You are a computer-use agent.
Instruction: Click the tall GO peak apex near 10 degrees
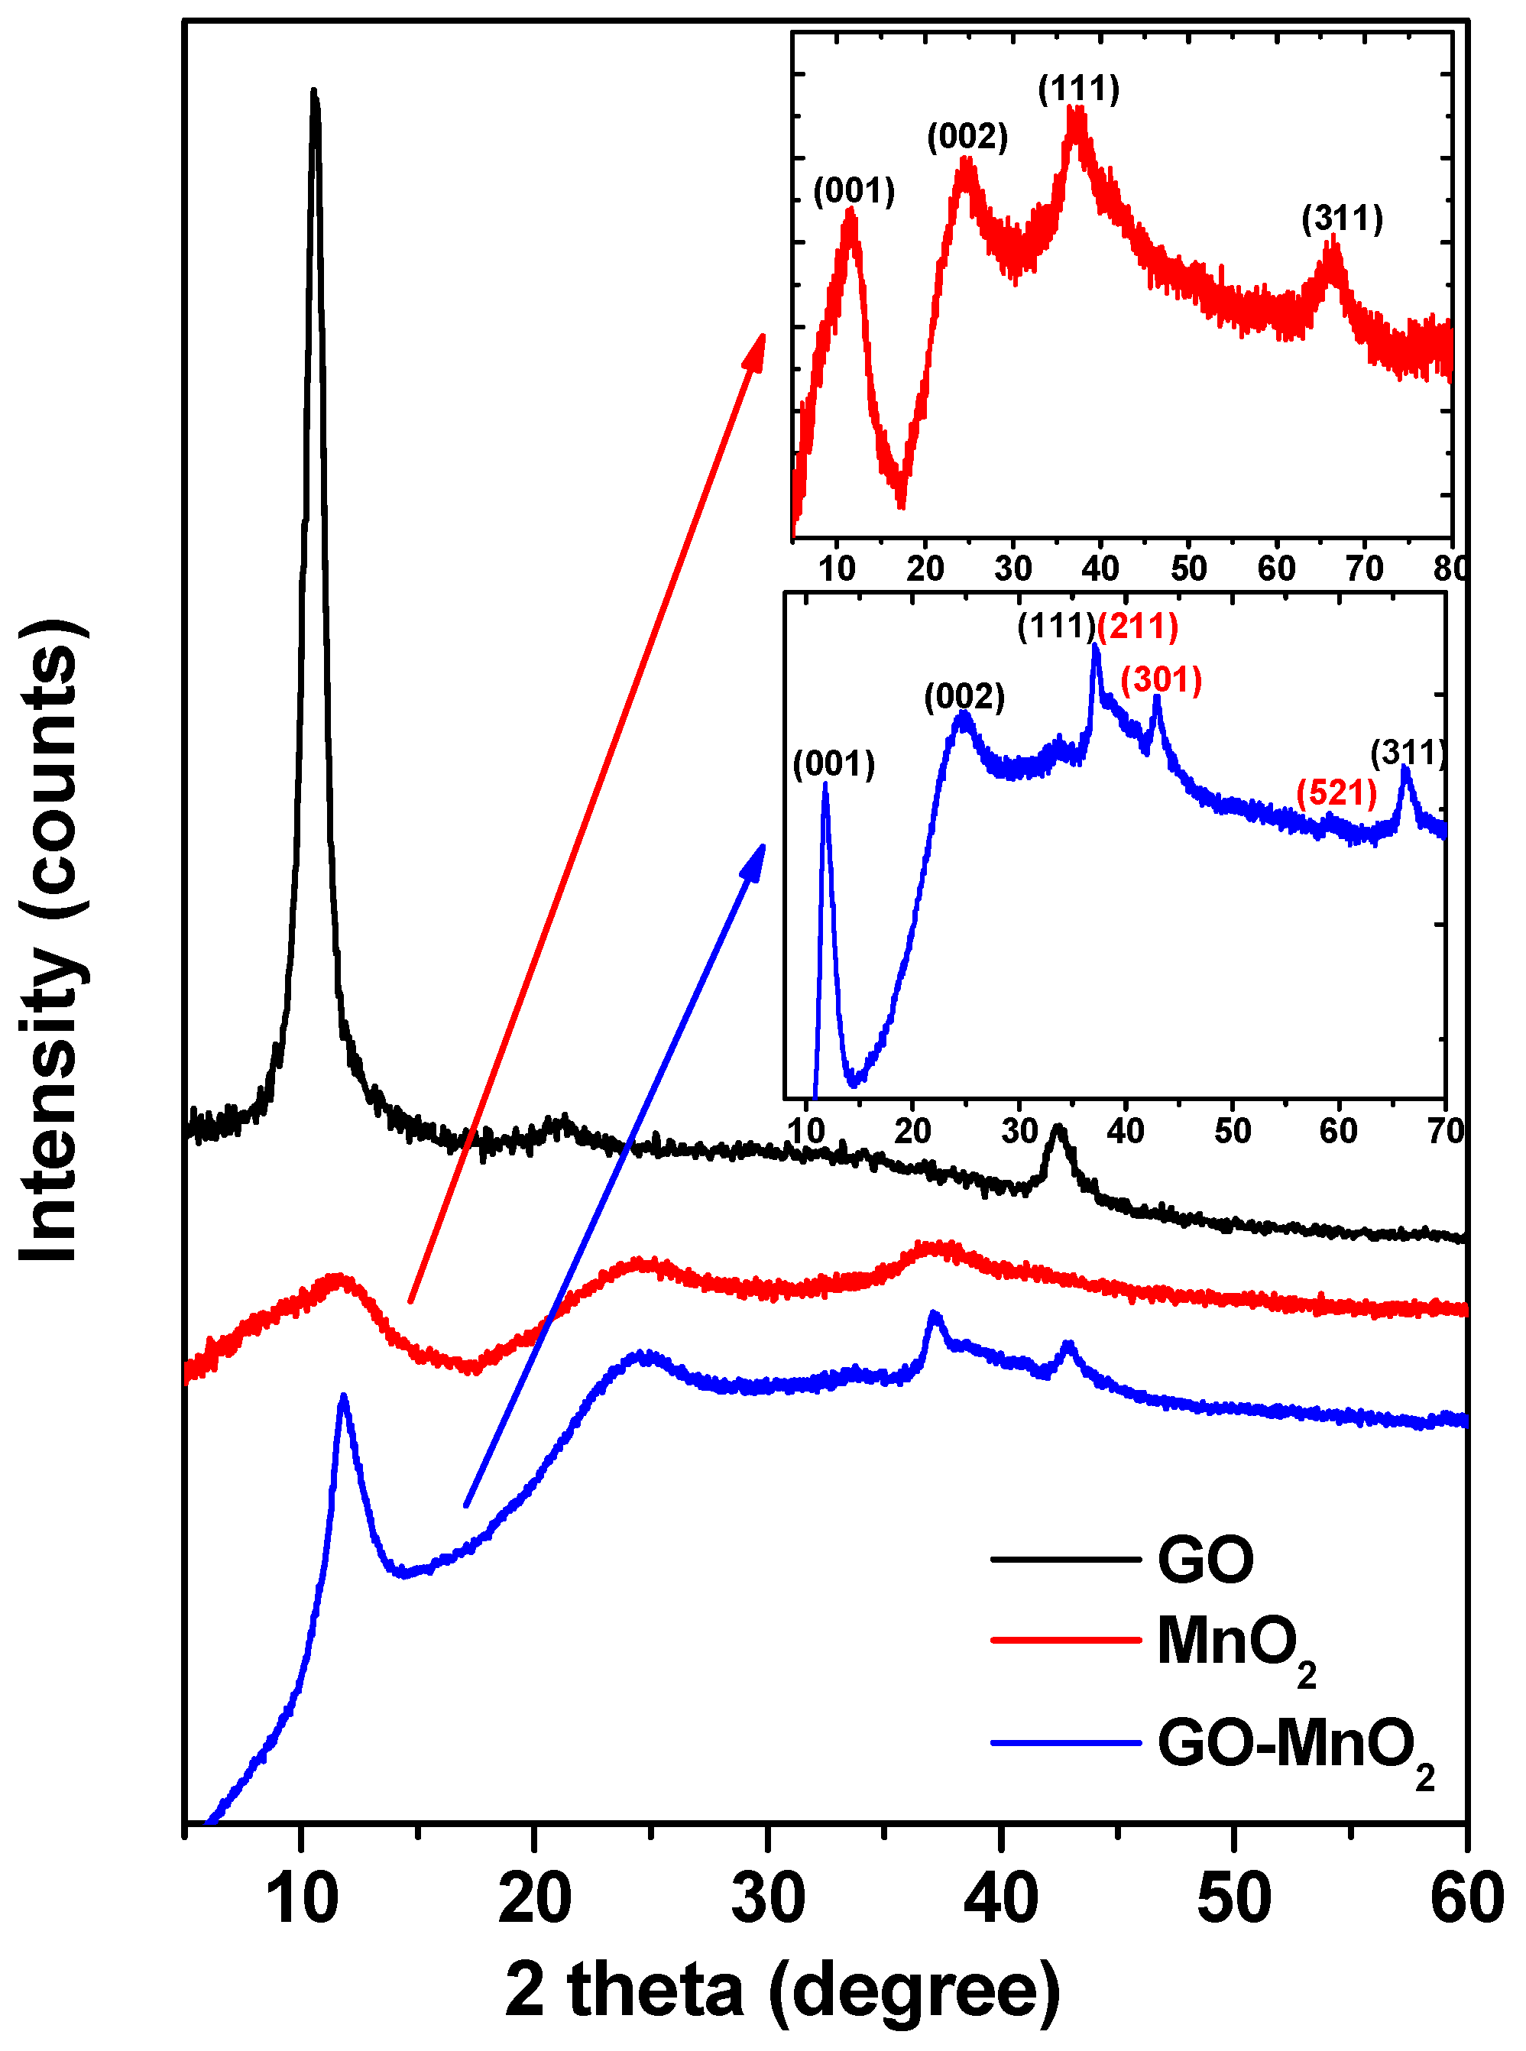pos(314,92)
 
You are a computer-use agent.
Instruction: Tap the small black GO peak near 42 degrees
pos(1058,1129)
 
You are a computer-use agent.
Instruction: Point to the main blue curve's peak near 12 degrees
pos(344,1398)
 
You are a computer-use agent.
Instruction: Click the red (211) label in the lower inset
pos(1137,627)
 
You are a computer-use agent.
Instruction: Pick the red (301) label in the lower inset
pos(1162,680)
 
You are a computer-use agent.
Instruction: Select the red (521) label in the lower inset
pos(1336,792)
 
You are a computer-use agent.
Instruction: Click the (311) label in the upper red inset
pos(1341,219)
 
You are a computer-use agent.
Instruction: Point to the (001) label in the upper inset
pos(854,191)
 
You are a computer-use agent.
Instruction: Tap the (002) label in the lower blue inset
pos(964,697)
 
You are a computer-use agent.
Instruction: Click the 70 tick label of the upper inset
pos(1364,569)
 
